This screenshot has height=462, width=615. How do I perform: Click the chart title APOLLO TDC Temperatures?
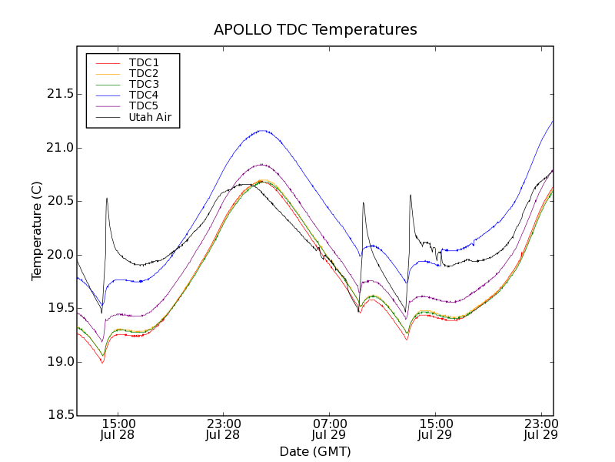(315, 30)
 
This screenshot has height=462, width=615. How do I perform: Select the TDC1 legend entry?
(144, 62)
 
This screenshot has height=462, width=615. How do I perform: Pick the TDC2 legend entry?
(144, 73)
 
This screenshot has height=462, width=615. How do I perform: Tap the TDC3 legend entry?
(144, 84)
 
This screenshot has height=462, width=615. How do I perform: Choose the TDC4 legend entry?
(144, 95)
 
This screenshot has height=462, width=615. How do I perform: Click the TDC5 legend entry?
(144, 105)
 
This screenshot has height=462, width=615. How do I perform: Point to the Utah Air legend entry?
(150, 118)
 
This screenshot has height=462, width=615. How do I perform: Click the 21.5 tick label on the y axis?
(58, 94)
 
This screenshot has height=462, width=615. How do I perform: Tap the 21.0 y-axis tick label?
(58, 148)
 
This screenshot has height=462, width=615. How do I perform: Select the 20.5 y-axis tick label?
(58, 201)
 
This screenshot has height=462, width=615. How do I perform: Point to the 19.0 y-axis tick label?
(58, 362)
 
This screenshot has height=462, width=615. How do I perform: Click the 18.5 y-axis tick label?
(58, 416)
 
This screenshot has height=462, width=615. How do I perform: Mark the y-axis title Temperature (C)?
(37, 231)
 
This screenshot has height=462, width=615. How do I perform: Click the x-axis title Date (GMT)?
(315, 451)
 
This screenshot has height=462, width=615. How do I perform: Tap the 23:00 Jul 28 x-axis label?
(224, 430)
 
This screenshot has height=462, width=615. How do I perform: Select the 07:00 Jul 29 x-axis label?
(330, 430)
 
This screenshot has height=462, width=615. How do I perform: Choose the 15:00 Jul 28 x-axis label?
(118, 430)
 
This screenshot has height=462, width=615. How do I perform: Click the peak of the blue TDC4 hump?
(264, 130)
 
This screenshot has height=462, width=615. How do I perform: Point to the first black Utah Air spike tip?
(107, 198)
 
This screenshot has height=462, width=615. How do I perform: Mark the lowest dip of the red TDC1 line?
(101, 363)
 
